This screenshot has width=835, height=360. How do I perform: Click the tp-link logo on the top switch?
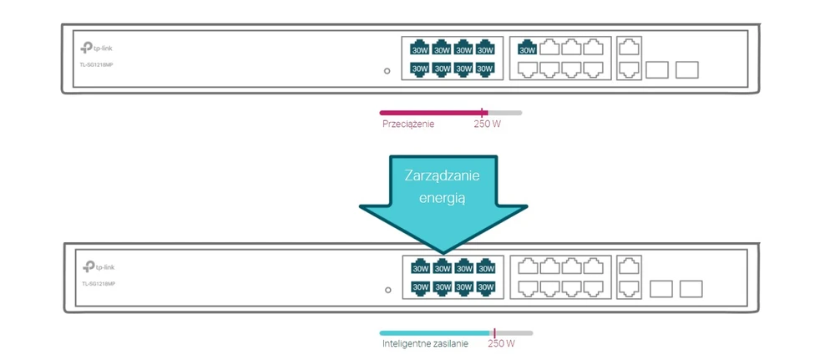96,48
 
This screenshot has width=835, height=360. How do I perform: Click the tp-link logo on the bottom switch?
99,267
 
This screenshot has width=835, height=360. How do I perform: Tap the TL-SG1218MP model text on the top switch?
97,64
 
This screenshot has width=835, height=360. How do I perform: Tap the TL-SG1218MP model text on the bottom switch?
99,284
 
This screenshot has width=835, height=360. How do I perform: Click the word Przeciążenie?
408,124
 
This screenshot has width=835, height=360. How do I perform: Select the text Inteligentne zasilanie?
425,343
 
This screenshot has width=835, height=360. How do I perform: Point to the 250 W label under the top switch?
487,124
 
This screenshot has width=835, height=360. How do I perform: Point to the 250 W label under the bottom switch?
501,343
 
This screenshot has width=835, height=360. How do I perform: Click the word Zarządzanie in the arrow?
442,178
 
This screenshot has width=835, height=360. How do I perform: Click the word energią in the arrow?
443,199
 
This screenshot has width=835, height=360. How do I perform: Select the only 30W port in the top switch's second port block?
528,49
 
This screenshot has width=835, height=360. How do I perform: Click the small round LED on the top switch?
387,71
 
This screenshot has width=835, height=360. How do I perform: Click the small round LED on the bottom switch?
388,290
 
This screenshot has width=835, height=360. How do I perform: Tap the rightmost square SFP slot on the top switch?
686,69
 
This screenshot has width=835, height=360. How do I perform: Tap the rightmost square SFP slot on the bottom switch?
691,289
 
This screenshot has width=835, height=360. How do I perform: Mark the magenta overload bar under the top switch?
430,112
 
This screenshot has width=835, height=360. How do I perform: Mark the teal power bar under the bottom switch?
434,332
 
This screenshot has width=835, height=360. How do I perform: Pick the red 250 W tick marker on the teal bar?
494,332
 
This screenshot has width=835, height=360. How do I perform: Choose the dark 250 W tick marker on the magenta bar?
483,112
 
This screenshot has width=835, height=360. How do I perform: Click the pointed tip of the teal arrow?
442,251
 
